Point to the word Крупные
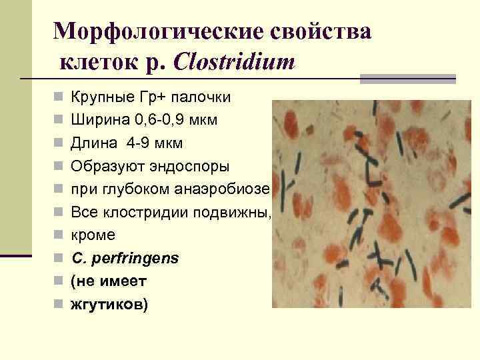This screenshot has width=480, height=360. point(95,97)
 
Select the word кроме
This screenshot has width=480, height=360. point(93,235)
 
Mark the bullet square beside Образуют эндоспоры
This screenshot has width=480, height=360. point(58,166)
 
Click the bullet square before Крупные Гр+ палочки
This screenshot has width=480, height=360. point(58,97)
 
